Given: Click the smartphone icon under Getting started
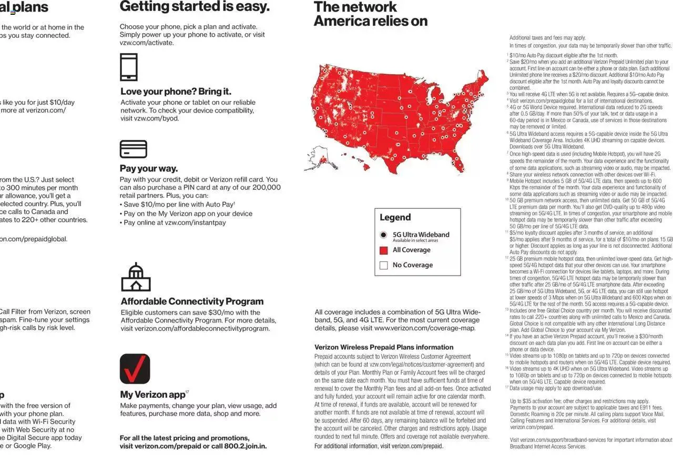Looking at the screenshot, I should pos(129,67).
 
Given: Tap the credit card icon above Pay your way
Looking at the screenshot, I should pos(133,149).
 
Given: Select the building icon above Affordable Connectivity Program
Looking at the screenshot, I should pos(136,277).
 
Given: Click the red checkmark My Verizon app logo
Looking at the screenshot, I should pos(135,369).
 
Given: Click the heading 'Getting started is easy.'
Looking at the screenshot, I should pos(194,7).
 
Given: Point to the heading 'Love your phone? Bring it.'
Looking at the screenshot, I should pos(176,92).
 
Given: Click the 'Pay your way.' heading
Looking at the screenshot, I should pos(149,169).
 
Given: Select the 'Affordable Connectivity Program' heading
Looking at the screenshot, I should pos(192,301).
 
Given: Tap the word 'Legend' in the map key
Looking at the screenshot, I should pos(395,218).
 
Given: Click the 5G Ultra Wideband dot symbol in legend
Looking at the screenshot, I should pos(383,235).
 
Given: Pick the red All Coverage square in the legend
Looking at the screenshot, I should pos(383,250).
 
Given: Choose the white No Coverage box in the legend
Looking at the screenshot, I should pos(383,265).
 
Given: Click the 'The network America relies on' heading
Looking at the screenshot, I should pos(370,14).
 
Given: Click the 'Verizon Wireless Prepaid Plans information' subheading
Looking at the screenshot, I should pos(383,347).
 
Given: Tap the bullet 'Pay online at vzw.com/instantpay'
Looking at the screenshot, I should pos(175,223).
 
